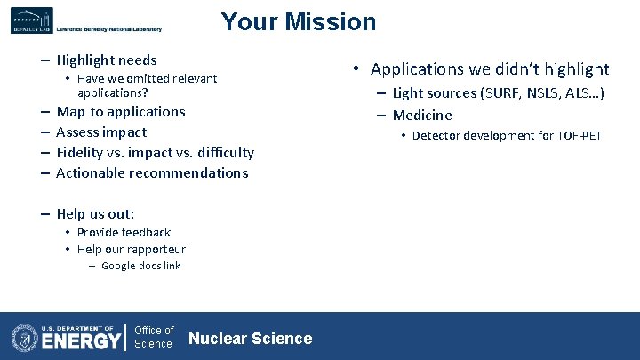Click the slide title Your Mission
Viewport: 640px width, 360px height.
(x=298, y=21)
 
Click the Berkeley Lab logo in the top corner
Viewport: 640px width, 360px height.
(x=32, y=20)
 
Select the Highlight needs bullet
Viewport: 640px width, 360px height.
(x=106, y=60)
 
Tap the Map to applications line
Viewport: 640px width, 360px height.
(x=120, y=112)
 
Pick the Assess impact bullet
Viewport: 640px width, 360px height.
(x=100, y=132)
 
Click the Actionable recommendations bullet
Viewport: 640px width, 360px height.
(x=151, y=173)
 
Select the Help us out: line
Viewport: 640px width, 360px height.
(x=95, y=214)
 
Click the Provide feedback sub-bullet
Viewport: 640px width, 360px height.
(x=124, y=233)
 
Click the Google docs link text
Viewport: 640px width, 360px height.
(x=140, y=266)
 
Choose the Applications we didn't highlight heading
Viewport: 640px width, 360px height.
(x=490, y=69)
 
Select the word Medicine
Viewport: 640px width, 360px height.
(x=422, y=116)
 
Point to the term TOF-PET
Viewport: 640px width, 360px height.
(x=579, y=136)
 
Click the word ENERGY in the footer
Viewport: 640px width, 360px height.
(x=82, y=340)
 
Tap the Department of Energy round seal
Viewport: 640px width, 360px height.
(x=24, y=337)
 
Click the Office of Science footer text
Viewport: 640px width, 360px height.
(x=153, y=337)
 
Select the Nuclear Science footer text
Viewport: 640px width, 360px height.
(x=251, y=338)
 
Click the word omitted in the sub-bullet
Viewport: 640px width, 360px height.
(x=151, y=79)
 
